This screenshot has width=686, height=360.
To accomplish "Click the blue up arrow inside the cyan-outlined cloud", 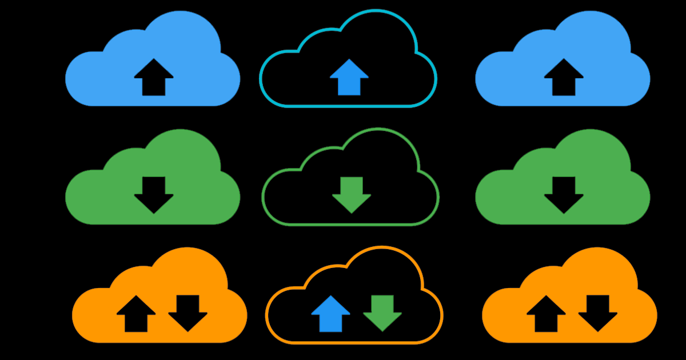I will pos(349,78).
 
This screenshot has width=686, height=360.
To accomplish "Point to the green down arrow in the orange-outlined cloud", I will pos(382,312).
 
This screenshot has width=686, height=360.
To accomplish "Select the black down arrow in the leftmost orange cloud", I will pos(188,312).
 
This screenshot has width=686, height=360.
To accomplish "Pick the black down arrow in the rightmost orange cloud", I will pos(597,312).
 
